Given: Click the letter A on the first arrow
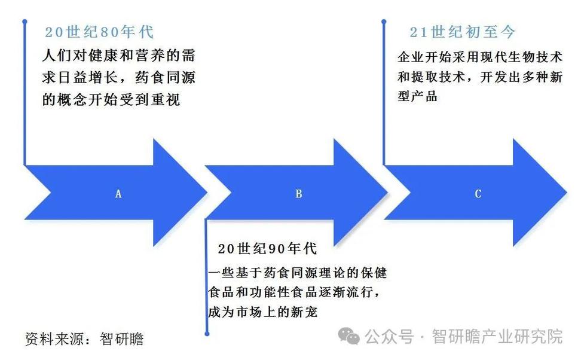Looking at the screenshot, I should [x=118, y=194].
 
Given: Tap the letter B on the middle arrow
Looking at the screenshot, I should [x=299, y=194].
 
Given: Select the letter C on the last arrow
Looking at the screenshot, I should [x=478, y=194].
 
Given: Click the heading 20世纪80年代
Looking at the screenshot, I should [x=99, y=32].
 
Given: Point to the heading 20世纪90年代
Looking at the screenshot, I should [x=267, y=249].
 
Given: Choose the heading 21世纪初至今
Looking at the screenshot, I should [x=463, y=32].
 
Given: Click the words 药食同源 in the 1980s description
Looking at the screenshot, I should [x=170, y=78].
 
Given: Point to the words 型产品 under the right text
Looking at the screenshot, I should [x=417, y=96].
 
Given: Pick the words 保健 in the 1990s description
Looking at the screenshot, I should [x=374, y=273].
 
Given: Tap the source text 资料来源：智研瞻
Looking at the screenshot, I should [x=84, y=339].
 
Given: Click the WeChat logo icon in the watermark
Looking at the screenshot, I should [x=348, y=335].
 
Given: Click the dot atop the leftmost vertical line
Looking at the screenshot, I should [x=25, y=22].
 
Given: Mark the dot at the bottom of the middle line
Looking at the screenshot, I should [x=207, y=333].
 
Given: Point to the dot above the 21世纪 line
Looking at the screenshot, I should [x=383, y=22].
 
